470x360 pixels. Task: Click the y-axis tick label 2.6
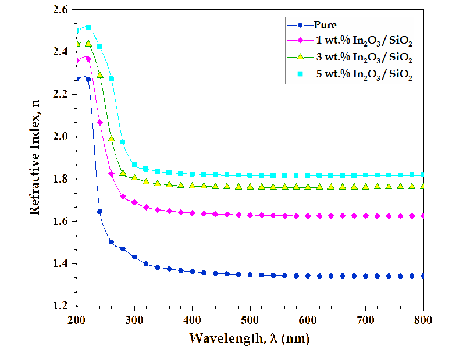click(x=60, y=10)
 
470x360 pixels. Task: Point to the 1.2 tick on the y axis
click(x=60, y=306)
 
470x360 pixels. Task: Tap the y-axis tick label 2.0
click(x=60, y=137)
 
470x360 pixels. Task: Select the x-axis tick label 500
click(x=250, y=319)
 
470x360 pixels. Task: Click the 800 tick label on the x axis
click(x=423, y=319)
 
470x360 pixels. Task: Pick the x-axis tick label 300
click(x=134, y=319)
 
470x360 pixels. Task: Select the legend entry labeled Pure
click(x=325, y=25)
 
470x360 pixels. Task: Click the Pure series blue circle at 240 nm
click(x=99, y=212)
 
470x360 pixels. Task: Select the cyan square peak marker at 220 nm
click(x=88, y=27)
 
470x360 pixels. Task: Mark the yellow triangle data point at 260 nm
click(x=111, y=138)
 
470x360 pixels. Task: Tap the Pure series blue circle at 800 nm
click(x=423, y=276)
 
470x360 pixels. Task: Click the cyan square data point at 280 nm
click(x=123, y=142)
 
